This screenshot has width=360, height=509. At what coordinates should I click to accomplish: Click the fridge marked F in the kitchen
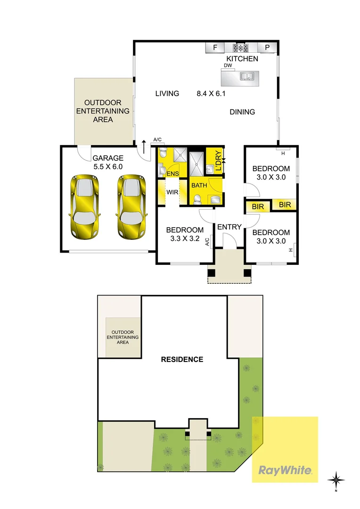(215, 48)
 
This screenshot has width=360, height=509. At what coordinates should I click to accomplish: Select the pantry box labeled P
(267, 48)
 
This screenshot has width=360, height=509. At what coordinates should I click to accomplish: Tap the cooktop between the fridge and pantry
(241, 48)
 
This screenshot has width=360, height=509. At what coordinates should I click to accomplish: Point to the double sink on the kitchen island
(247, 76)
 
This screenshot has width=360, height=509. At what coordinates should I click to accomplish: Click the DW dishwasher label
(228, 66)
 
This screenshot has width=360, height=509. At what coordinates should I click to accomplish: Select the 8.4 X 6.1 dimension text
(211, 93)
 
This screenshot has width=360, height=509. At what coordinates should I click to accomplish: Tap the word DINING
(242, 112)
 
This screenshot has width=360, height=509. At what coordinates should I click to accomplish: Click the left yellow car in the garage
(84, 206)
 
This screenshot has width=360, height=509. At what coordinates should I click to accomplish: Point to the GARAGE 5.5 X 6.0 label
(107, 163)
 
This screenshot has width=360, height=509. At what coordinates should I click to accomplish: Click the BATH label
(199, 185)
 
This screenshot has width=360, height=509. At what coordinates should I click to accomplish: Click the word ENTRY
(229, 227)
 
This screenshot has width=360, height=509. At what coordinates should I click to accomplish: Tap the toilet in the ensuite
(163, 154)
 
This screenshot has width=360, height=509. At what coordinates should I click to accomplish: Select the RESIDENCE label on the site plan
(182, 359)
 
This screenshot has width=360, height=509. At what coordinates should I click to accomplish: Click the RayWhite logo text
(285, 470)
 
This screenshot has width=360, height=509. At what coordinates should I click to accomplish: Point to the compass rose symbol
(336, 480)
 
